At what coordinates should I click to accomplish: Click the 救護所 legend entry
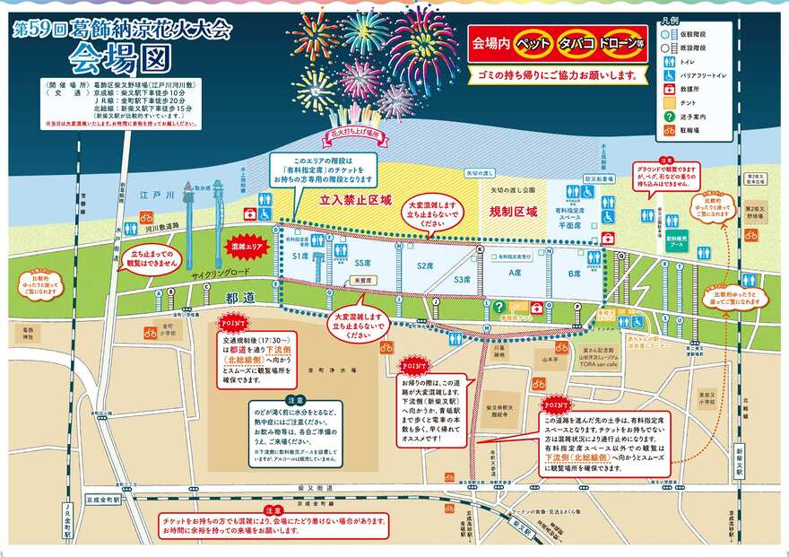click(x=688, y=88)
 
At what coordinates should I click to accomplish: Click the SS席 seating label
click(x=362, y=264)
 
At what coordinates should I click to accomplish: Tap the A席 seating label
click(x=515, y=272)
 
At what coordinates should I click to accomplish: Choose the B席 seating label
click(x=574, y=272)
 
